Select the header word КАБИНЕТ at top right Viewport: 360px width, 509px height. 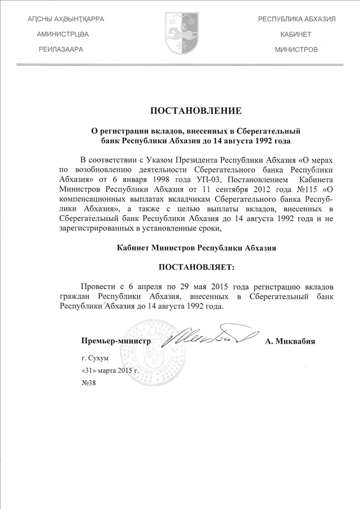tap(296, 34)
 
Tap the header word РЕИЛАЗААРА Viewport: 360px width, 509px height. tap(61, 49)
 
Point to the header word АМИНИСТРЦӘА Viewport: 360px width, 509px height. tap(62, 34)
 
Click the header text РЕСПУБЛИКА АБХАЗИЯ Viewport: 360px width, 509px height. tap(296, 19)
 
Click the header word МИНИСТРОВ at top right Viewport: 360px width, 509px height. tap(296, 49)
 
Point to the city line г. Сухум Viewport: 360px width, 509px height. tap(94, 358)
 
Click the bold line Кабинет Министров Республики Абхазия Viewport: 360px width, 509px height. tap(197, 247)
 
